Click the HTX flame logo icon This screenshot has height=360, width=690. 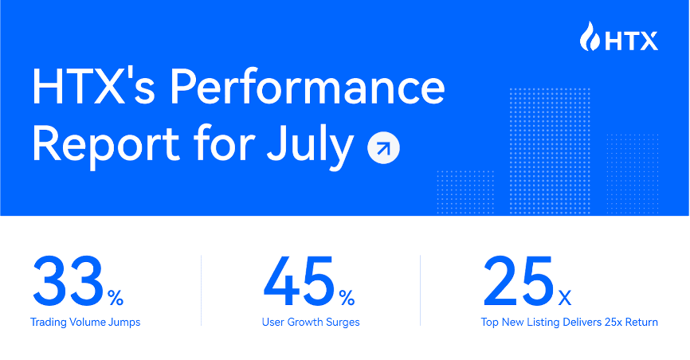pyautogui.click(x=591, y=37)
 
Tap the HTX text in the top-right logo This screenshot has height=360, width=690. pyautogui.click(x=630, y=38)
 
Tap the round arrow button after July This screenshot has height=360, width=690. pyautogui.click(x=383, y=148)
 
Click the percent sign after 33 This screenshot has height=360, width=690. pyautogui.click(x=116, y=299)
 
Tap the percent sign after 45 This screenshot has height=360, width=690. pyautogui.click(x=347, y=299)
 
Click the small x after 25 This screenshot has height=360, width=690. pyautogui.click(x=564, y=299)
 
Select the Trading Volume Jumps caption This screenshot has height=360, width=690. pyautogui.click(x=85, y=323)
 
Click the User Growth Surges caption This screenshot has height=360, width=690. pyautogui.click(x=311, y=323)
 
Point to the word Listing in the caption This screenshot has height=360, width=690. pyautogui.click(x=550, y=323)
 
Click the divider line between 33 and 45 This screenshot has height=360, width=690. pyautogui.click(x=201, y=290)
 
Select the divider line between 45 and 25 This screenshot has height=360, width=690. pyautogui.click(x=420, y=290)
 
